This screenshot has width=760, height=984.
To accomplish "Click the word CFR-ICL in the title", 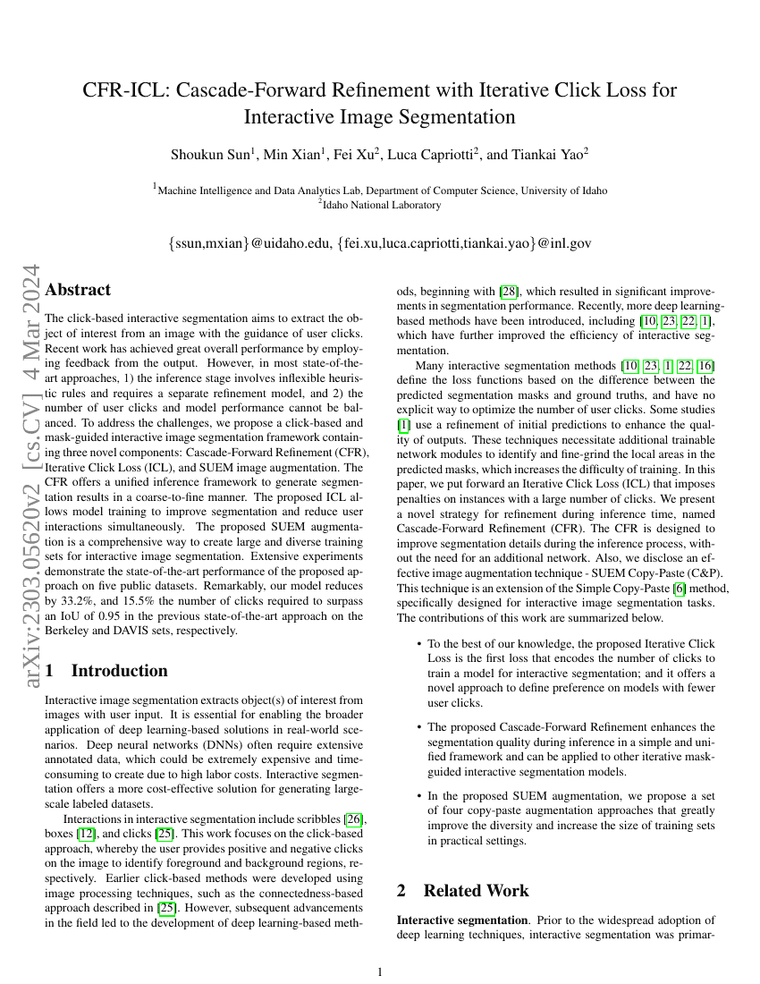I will [x=124, y=90].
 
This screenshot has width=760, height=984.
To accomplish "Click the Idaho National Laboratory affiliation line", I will [x=380, y=205].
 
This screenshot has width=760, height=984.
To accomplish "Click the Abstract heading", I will [x=78, y=290].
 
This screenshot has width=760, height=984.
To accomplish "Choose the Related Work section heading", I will [x=476, y=890].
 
